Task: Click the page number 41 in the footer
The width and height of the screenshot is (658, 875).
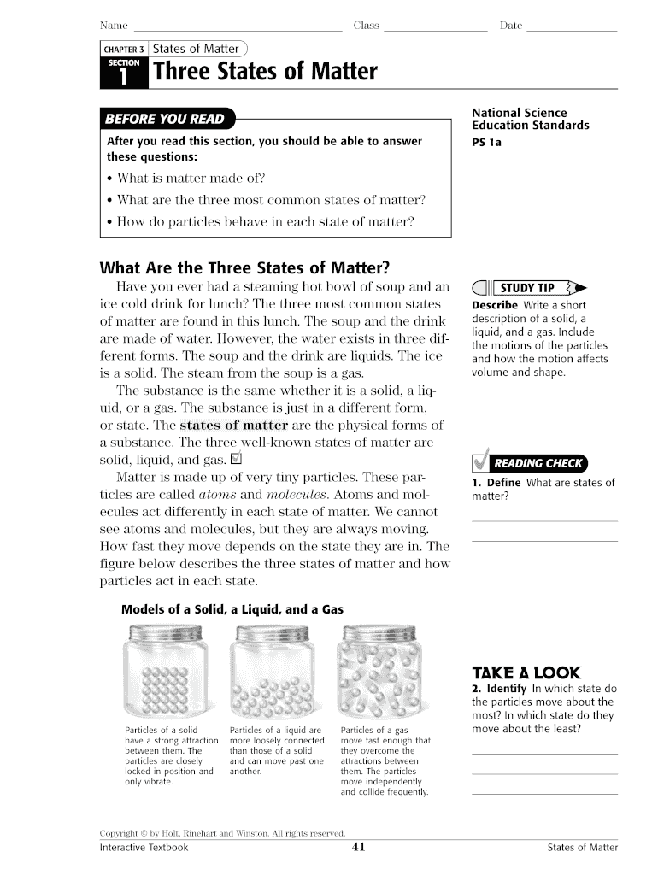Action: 359,847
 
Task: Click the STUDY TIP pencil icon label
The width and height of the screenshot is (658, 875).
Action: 528,288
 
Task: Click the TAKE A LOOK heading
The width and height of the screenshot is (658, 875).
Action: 526,672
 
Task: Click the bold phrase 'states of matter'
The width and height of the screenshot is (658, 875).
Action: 234,425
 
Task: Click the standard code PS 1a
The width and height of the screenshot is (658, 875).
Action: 486,142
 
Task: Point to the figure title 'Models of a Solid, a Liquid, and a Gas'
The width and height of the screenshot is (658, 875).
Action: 232,609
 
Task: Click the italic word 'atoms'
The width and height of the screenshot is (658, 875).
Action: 217,494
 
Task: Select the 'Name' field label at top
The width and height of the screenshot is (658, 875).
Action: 114,26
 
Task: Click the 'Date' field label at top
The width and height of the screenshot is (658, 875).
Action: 510,26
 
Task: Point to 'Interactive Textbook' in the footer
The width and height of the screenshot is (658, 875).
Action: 144,847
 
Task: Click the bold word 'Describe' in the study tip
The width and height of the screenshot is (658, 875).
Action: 495,305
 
